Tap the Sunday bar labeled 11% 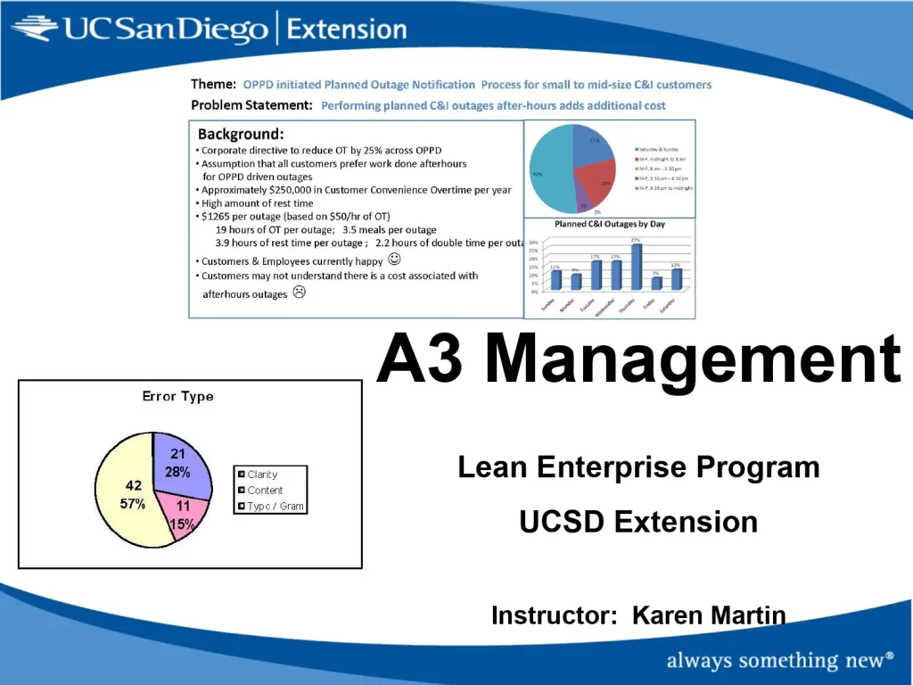pos(556,279)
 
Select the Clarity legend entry pos(262,475)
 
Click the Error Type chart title pos(178,396)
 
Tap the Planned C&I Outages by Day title pos(610,224)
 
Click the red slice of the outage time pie pos(597,181)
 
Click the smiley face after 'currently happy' pos(395,260)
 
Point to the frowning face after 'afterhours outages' pos(300,293)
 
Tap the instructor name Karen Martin pos(709,615)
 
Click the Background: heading pos(241,135)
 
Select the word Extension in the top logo pos(348,29)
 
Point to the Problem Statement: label pos(251,105)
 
